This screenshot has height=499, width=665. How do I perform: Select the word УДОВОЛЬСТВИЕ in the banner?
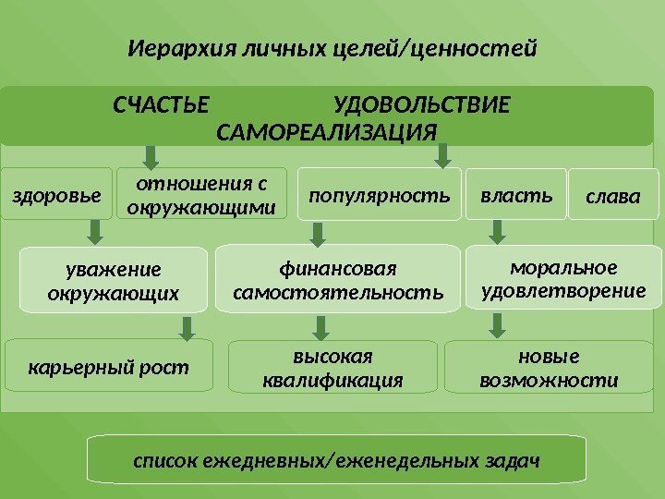coord(421,102)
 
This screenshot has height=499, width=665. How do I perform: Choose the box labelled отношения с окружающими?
coord(201,193)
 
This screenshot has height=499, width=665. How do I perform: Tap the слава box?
coord(613,197)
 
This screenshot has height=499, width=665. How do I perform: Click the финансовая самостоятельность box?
coord(338,280)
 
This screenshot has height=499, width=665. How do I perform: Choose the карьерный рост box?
coord(109,368)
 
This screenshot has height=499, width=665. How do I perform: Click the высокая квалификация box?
coord(332,368)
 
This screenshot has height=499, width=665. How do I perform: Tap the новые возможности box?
coord(550,368)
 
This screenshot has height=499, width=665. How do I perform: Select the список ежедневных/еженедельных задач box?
coord(336,459)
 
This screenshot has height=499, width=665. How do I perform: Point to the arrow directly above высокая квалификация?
coord(321,326)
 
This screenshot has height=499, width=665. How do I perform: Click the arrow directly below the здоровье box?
coord(94,230)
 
